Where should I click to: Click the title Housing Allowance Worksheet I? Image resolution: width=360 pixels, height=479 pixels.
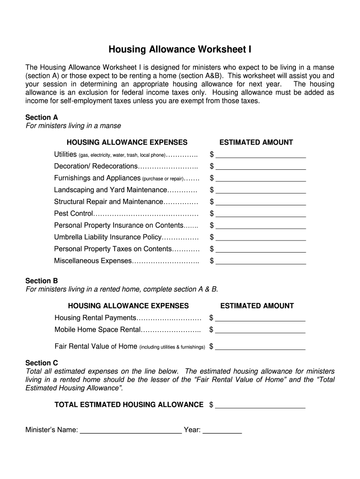(180, 50)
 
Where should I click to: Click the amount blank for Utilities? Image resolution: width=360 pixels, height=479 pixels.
(260, 155)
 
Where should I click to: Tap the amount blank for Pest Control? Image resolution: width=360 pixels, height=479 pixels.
(260, 214)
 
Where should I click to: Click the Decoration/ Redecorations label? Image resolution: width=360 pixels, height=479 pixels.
(96, 167)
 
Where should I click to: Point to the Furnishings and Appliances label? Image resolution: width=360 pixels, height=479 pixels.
(97, 178)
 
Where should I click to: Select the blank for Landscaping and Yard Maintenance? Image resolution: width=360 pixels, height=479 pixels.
(260, 190)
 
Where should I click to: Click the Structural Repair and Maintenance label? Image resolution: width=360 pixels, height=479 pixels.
(108, 202)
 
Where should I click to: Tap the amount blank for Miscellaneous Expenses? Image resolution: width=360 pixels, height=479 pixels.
(260, 261)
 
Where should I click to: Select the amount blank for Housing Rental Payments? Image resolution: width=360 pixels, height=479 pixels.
(260, 319)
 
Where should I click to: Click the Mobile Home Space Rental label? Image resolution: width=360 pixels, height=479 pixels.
(98, 330)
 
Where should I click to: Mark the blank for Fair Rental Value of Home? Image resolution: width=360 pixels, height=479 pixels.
(260, 347)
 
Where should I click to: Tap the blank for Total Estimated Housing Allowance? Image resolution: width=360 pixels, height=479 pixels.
(260, 405)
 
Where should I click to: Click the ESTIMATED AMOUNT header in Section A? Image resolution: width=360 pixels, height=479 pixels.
(256, 142)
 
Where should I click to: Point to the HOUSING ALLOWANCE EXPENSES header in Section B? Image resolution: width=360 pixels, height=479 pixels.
(129, 306)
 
